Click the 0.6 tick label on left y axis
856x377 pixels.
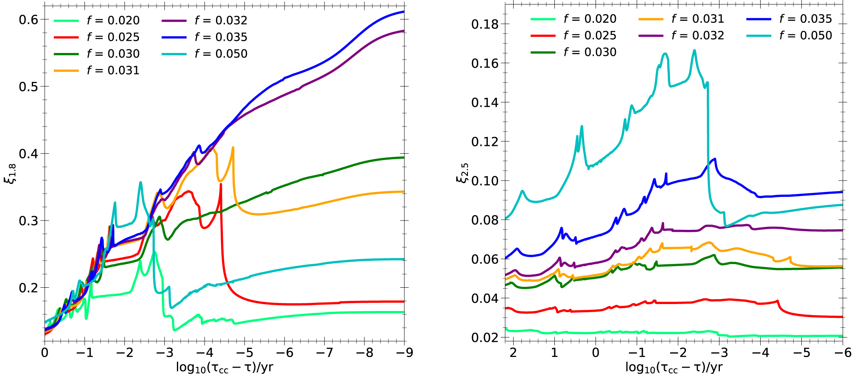[29, 20]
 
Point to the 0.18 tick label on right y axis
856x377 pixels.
[485, 24]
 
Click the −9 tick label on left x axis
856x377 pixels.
[404, 353]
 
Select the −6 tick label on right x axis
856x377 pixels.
[842, 353]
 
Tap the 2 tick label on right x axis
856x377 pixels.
[514, 353]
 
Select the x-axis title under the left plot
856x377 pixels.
[225, 368]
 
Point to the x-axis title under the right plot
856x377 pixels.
[674, 368]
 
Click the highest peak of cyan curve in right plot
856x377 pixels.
[695, 51]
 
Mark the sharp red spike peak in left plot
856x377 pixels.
[221, 184]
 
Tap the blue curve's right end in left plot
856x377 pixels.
[404, 11]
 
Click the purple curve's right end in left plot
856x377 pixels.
[404, 31]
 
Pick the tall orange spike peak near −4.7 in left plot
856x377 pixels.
[233, 148]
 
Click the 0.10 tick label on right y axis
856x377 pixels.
[485, 181]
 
